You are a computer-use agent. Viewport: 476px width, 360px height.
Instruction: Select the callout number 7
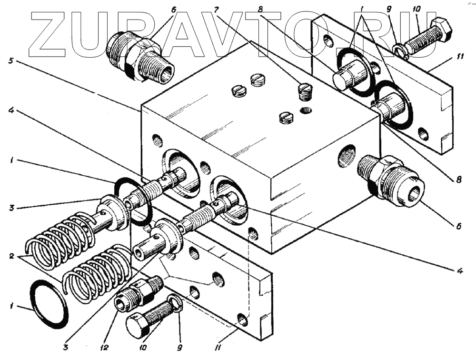(x=217, y=9)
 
